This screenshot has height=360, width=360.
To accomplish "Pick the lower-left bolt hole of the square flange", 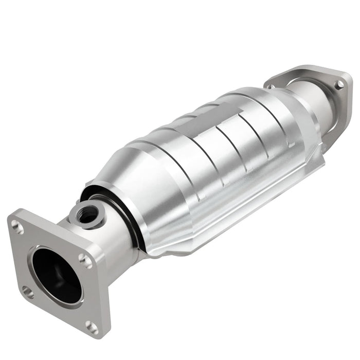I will pyautogui.click(x=28, y=293).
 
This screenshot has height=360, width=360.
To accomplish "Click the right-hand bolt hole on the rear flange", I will pyautogui.click(x=339, y=84).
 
